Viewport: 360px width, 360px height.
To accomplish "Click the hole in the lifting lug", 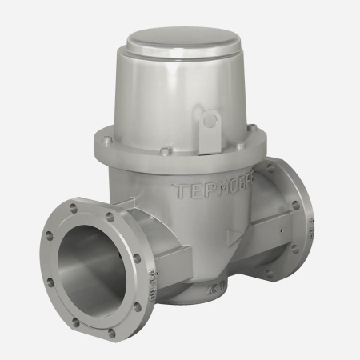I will click(212, 122).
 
